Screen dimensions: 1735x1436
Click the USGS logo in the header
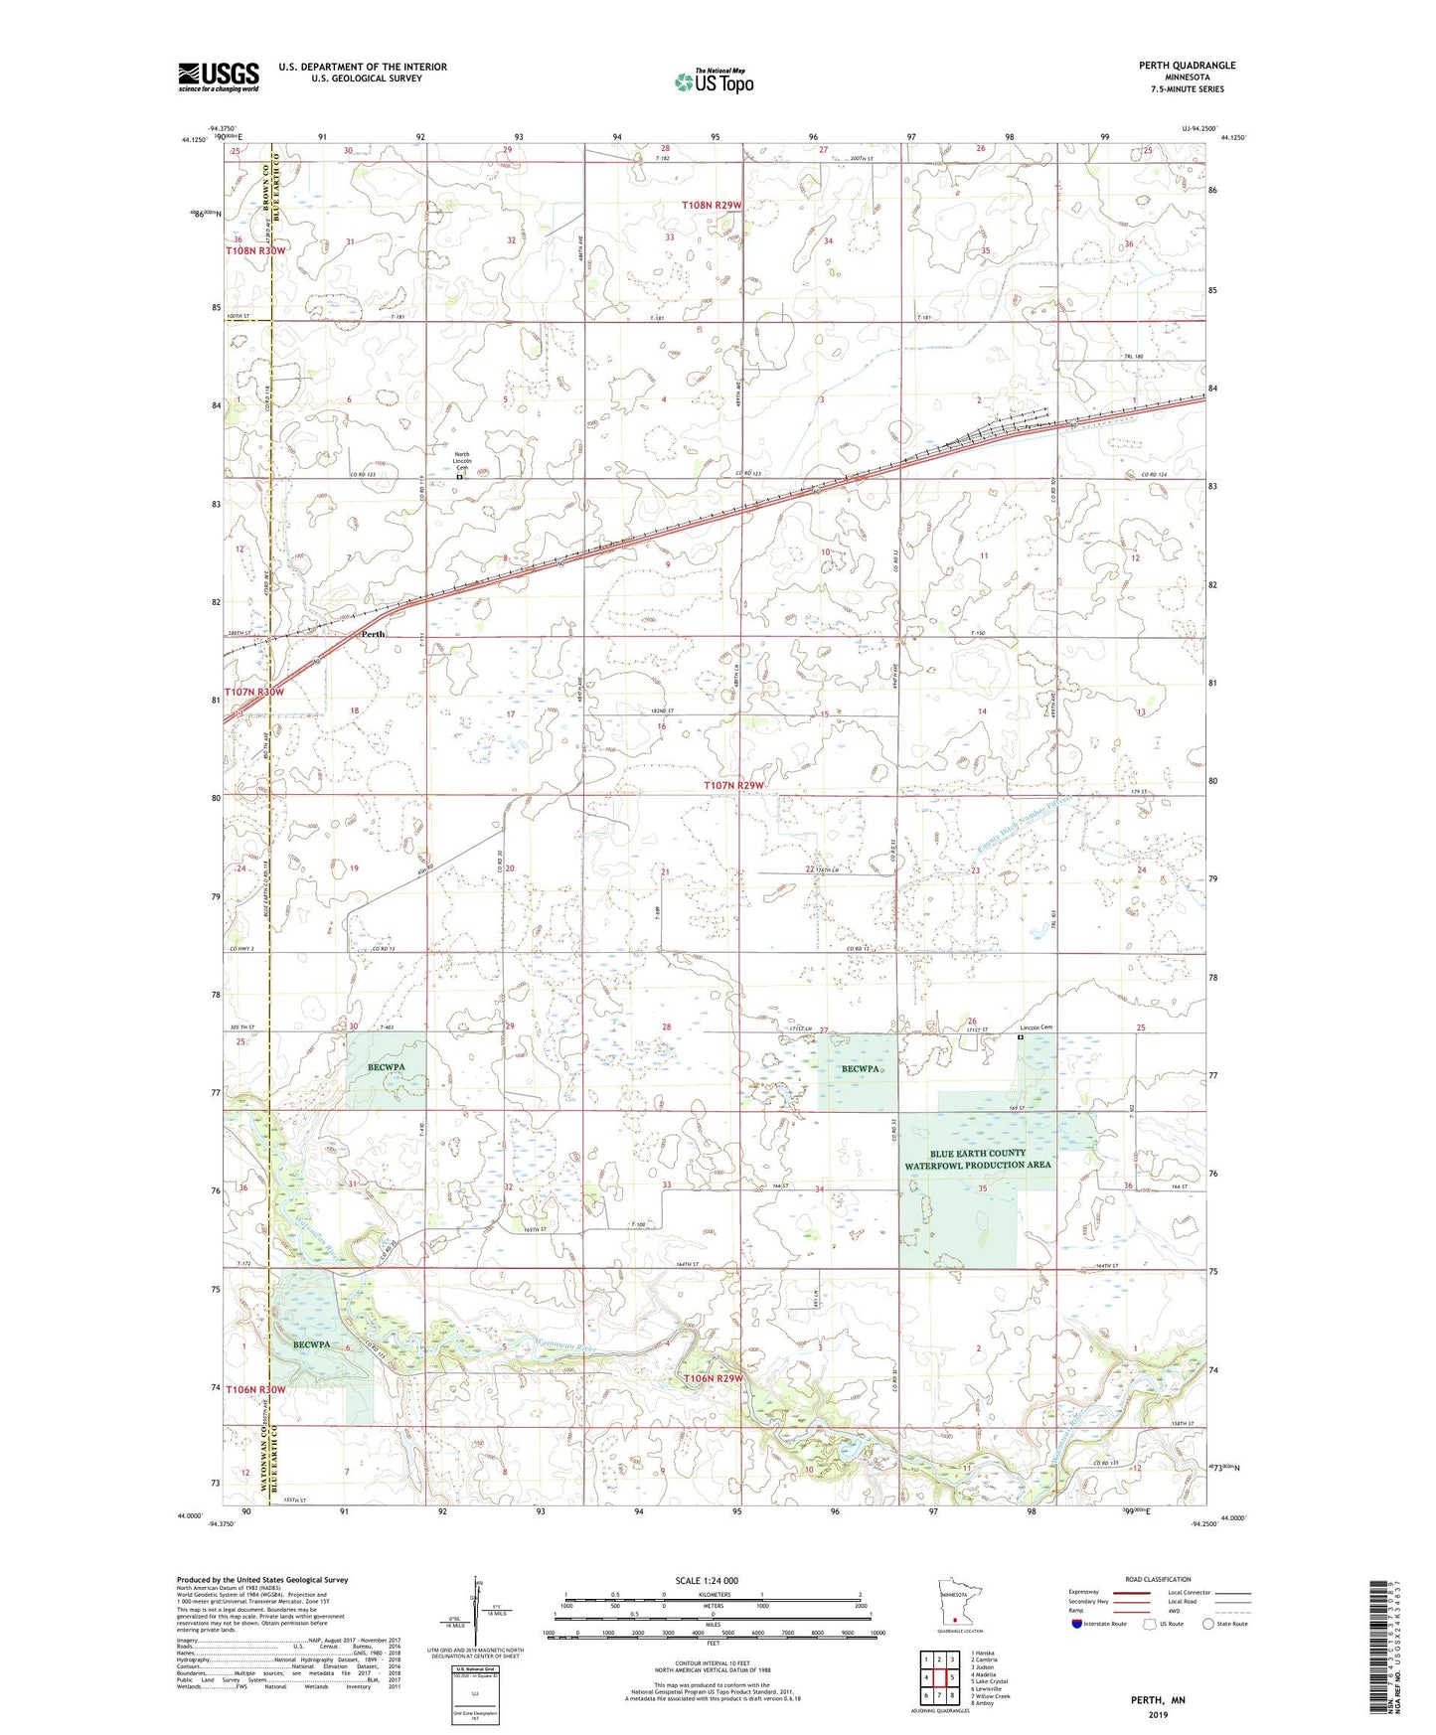click(219, 76)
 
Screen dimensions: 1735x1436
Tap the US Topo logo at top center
click(713, 81)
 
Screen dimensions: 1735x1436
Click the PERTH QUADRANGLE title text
click(1188, 66)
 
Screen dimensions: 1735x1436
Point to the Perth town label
click(373, 634)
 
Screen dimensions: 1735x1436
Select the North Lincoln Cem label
click(461, 460)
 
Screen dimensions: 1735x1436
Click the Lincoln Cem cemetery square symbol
click(1021, 1037)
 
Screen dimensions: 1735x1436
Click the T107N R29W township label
click(734, 786)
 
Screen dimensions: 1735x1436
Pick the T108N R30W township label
click(254, 250)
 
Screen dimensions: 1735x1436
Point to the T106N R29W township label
click(713, 1379)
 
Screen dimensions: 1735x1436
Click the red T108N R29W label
click(712, 205)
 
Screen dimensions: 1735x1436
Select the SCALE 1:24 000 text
click(706, 1580)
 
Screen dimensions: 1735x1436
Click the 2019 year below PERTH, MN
click(1157, 1715)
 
